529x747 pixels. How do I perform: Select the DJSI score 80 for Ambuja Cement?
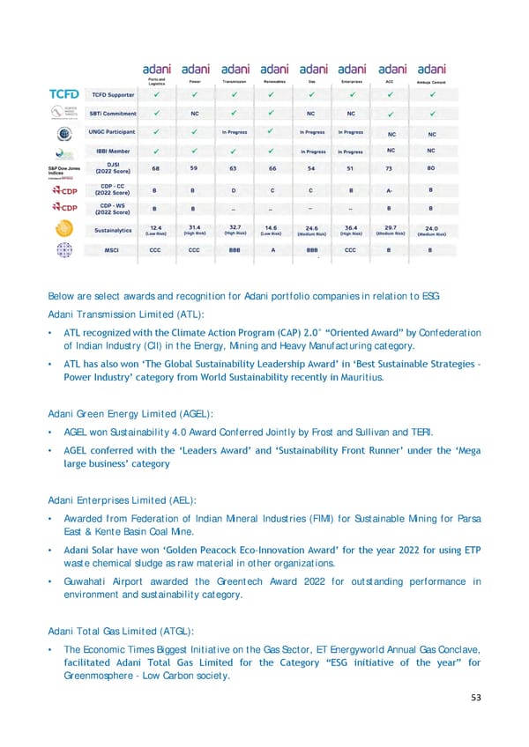431,167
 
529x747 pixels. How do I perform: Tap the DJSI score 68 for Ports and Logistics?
156,167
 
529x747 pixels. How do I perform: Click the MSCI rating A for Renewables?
272,249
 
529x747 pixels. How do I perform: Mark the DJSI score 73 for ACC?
390,167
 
